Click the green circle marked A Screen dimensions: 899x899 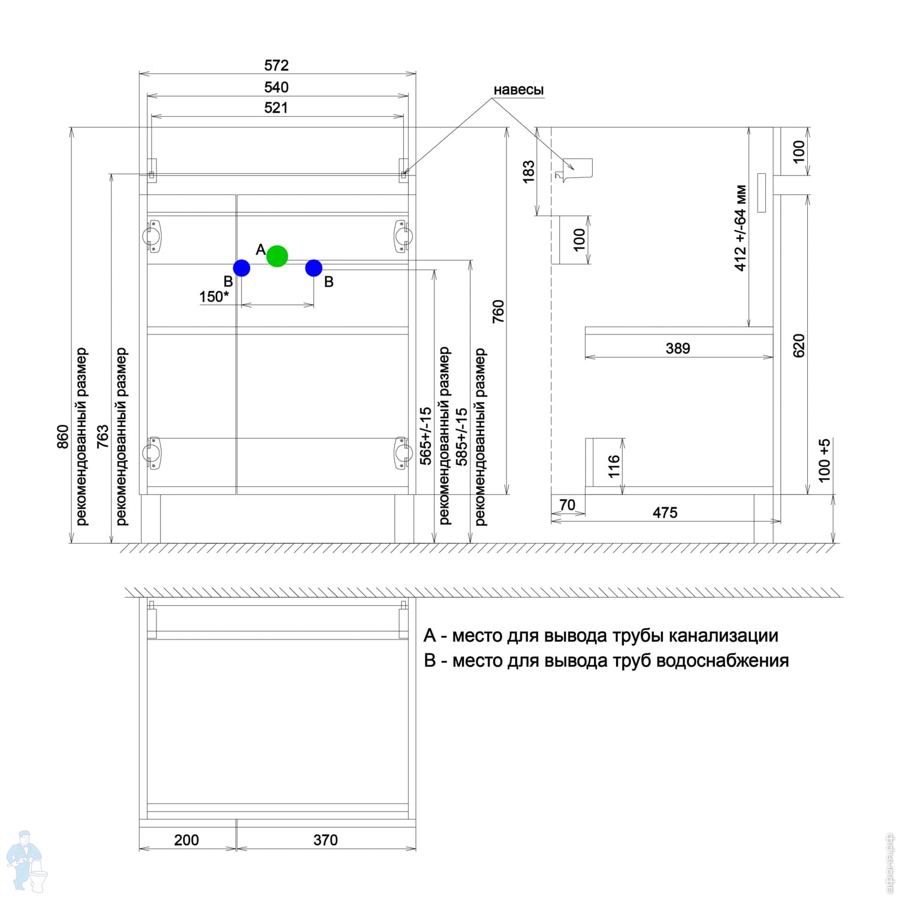tap(277, 256)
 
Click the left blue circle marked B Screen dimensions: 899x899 tap(242, 268)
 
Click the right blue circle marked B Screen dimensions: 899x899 tap(313, 268)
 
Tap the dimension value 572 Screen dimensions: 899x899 tap(276, 65)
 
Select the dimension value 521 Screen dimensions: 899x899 tap(276, 108)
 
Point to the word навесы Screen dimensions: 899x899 tap(518, 90)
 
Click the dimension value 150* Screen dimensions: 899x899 tap(214, 297)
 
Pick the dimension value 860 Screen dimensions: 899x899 tap(63, 437)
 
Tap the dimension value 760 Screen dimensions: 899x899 tap(498, 312)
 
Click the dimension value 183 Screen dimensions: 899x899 tap(528, 172)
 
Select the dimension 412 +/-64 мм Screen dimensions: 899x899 tap(741, 228)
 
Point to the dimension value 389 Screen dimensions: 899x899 tap(678, 348)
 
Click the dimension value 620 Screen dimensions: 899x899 tap(799, 346)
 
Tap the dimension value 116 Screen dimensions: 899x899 tap(614, 466)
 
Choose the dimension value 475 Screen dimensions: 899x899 tap(665, 512)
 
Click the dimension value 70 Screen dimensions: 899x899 tap(567, 505)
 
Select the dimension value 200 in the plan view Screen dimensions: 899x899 tap(186, 840)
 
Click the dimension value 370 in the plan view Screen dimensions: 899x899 tap(325, 840)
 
